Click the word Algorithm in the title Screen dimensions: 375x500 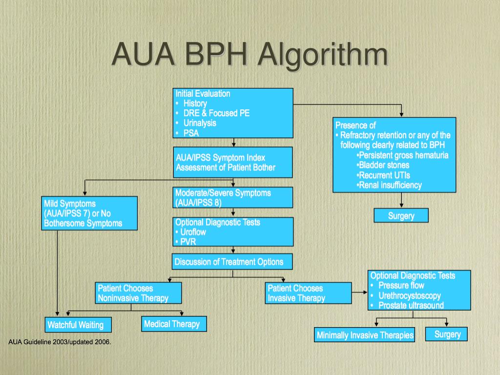point(324,55)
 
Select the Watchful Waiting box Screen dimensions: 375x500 point(75,325)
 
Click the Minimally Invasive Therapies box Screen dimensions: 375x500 point(365,335)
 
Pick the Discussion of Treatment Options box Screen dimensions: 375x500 point(232,262)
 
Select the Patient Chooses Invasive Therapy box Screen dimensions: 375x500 point(309,293)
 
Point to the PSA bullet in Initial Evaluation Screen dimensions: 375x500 point(191,133)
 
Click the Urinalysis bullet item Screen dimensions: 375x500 point(199,123)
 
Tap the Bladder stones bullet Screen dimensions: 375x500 point(383,165)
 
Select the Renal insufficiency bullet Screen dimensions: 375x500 point(389,185)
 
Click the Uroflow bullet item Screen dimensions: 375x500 point(193,232)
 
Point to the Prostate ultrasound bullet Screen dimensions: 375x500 point(411,305)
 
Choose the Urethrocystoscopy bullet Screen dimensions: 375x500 point(409,295)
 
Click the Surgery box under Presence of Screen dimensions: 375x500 point(401,215)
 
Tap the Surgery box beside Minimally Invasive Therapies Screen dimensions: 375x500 point(447,334)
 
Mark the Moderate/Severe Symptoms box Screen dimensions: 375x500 point(232,197)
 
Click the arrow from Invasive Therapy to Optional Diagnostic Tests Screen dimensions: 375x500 point(359,292)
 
